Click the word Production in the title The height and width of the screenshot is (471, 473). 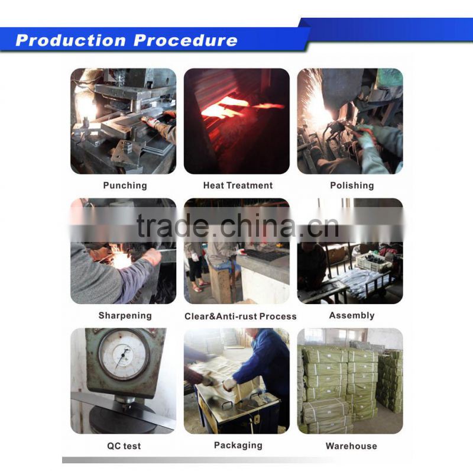tap(70, 40)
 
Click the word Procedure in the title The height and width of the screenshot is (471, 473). tap(185, 40)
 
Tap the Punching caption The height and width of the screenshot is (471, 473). tap(125, 185)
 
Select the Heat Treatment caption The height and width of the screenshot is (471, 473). tap(238, 185)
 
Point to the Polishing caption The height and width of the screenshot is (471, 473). tap(352, 185)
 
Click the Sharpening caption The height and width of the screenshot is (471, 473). tap(125, 315)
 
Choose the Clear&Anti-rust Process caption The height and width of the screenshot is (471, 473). tap(241, 316)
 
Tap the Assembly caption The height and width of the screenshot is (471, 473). tap(352, 315)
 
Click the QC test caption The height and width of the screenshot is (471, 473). tap(124, 446)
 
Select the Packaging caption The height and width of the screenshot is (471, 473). tap(238, 446)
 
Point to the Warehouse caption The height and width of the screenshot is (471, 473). tap(351, 446)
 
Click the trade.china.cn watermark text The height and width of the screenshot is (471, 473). tap(238, 225)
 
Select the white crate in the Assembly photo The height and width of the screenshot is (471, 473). tap(374, 262)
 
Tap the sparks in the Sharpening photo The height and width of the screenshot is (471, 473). tap(121, 257)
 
